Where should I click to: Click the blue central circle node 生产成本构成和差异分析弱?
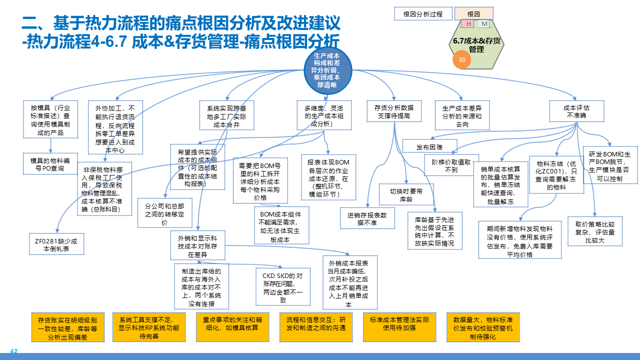tap(328, 70)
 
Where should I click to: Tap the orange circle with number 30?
tap(462, 59)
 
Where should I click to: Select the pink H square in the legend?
tap(469, 24)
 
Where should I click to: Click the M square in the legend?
tap(484, 24)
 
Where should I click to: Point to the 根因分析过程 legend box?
tap(423, 14)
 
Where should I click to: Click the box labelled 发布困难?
tap(429, 147)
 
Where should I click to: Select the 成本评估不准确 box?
tap(576, 111)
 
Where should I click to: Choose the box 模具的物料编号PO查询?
tap(50, 164)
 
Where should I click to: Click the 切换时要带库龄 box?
tap(406, 194)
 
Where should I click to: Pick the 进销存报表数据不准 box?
tap(368, 218)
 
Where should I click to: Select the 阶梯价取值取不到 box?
tap(451, 165)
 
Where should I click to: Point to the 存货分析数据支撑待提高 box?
tap(394, 111)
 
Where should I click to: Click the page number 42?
tap(14, 351)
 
